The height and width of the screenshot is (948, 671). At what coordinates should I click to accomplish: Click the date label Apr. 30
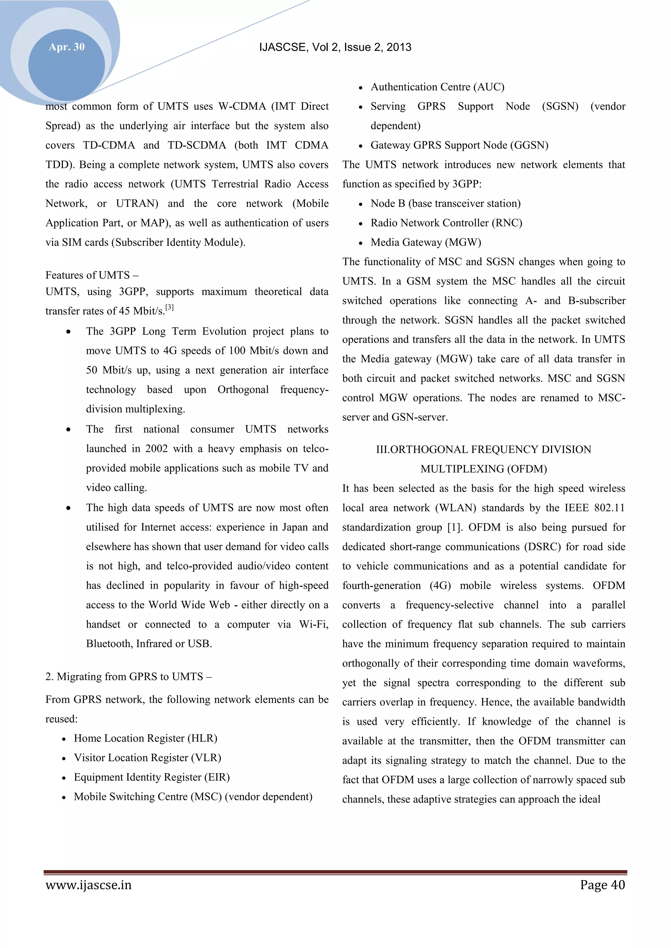[x=67, y=47]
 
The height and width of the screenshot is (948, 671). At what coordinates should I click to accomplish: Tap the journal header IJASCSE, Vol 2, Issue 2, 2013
[x=335, y=47]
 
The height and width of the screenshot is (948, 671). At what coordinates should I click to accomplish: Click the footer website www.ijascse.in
[x=88, y=885]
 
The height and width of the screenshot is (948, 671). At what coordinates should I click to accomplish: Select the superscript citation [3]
[x=169, y=308]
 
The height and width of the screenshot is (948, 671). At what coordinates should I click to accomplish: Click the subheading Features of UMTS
[x=92, y=275]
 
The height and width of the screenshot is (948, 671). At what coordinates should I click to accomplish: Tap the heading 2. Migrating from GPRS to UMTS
[x=128, y=676]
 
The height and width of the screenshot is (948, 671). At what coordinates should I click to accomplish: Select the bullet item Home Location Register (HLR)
[x=145, y=738]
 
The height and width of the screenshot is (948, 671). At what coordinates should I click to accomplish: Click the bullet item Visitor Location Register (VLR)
[x=147, y=758]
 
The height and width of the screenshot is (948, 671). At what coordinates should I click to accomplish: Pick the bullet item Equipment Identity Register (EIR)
[x=152, y=777]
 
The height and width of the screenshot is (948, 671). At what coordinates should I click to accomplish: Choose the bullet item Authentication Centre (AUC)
[x=437, y=87]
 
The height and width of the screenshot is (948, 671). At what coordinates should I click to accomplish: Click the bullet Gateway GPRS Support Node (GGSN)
[x=459, y=145]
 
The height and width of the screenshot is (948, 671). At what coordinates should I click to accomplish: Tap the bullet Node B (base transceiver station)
[x=445, y=204]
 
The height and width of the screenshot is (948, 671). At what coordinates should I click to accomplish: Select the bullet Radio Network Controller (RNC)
[x=446, y=223]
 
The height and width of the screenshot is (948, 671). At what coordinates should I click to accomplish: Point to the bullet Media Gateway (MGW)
[x=426, y=242]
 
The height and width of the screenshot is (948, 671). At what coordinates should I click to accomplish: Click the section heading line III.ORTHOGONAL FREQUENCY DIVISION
[x=483, y=449]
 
